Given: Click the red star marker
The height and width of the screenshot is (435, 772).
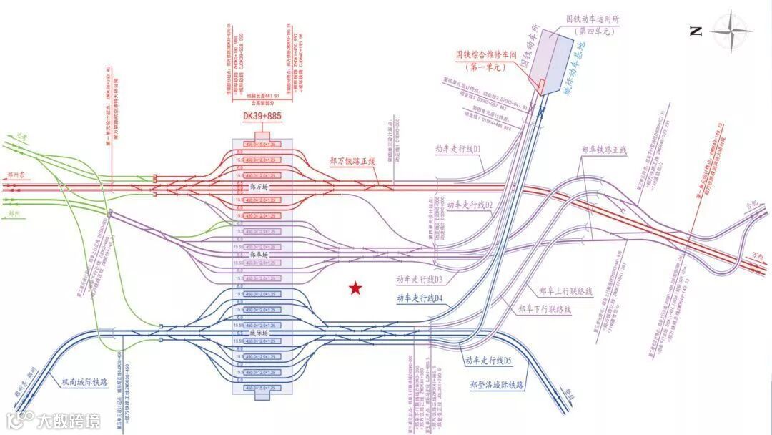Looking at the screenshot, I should click(355, 288).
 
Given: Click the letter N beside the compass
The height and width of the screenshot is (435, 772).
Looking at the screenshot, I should click(696, 31).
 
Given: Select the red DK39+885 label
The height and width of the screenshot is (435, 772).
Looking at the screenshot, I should click(261, 117).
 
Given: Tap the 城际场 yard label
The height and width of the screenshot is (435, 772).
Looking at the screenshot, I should click(258, 333).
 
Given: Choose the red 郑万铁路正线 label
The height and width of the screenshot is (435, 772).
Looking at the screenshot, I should click(357, 162).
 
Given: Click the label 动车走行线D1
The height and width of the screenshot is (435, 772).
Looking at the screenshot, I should click(457, 149).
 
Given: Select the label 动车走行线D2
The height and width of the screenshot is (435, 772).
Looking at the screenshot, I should click(470, 205).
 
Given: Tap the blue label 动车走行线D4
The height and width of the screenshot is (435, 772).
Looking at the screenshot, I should click(421, 298).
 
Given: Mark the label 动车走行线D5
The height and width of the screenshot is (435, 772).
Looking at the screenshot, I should click(489, 361).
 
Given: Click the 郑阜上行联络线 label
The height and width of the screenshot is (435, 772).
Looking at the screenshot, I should click(565, 291).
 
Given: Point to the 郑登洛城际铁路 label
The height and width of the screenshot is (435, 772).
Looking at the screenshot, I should click(498, 384).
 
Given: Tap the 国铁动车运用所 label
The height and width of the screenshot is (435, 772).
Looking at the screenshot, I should click(593, 19).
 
